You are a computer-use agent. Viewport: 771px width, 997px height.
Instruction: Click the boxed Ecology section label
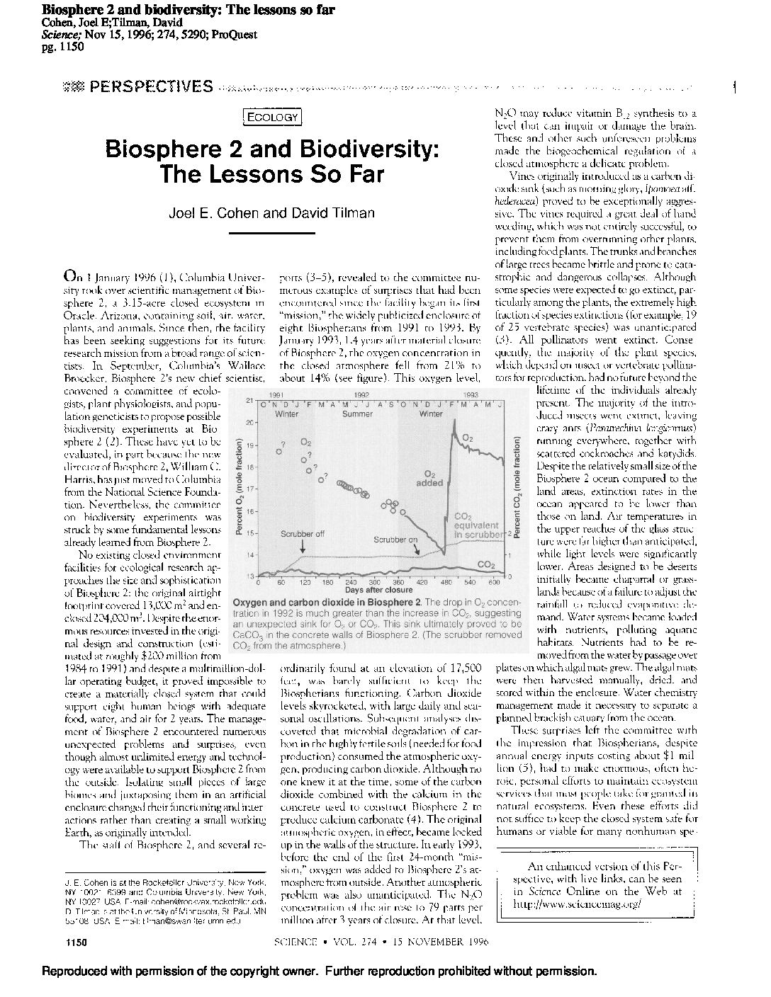(x=272, y=118)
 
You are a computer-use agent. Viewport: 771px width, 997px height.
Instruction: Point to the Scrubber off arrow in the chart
(x=303, y=546)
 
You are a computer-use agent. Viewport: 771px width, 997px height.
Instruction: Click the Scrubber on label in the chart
(x=395, y=539)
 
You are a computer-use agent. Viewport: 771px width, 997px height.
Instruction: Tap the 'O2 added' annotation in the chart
(x=429, y=479)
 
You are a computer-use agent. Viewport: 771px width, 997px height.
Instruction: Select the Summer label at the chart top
(x=357, y=414)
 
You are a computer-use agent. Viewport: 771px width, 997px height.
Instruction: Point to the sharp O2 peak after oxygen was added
(x=452, y=423)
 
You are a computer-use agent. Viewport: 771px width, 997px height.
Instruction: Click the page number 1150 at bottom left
(x=74, y=942)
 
